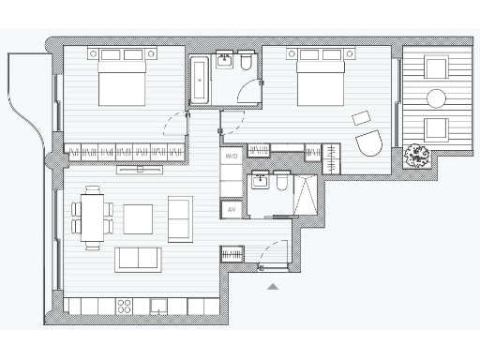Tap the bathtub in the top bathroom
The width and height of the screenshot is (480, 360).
201,81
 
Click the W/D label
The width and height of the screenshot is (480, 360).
232,156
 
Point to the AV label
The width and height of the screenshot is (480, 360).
232,210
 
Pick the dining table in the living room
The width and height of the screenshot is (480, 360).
92,217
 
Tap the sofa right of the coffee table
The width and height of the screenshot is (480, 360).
180,218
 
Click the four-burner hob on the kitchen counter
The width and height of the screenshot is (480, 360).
123,307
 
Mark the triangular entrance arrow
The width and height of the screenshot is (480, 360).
273,287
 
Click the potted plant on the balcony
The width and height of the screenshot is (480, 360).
416,157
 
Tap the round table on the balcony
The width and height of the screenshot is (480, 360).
434,97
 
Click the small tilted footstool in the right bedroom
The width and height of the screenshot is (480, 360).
361,118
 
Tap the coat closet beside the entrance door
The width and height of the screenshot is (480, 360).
232,253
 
